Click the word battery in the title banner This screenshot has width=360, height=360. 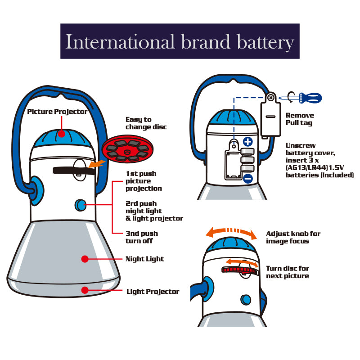(x=265, y=42)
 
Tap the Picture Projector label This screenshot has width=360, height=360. (x=57, y=112)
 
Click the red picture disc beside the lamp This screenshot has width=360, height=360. (x=127, y=149)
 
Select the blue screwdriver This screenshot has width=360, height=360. (x=300, y=98)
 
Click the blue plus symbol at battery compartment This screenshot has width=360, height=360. (x=248, y=141)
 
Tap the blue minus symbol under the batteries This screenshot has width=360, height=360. (x=248, y=178)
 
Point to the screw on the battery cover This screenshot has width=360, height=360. (x=271, y=98)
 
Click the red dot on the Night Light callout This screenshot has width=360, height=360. (x=85, y=259)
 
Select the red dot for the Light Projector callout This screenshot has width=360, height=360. (x=85, y=290)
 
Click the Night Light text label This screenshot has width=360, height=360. (x=144, y=259)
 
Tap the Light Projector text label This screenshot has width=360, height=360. (x=153, y=292)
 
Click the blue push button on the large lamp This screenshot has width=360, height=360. (x=81, y=205)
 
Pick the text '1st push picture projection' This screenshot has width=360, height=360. (x=144, y=181)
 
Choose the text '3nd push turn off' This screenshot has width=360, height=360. (x=142, y=237)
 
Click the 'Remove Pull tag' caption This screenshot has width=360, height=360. (x=300, y=119)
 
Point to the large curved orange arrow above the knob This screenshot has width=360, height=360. (x=231, y=231)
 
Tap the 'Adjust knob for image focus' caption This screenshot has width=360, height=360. (x=293, y=238)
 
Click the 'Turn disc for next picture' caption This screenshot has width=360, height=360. (x=288, y=272)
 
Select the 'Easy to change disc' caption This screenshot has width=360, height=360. (x=146, y=123)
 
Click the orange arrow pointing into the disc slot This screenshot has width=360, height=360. (x=97, y=164)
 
